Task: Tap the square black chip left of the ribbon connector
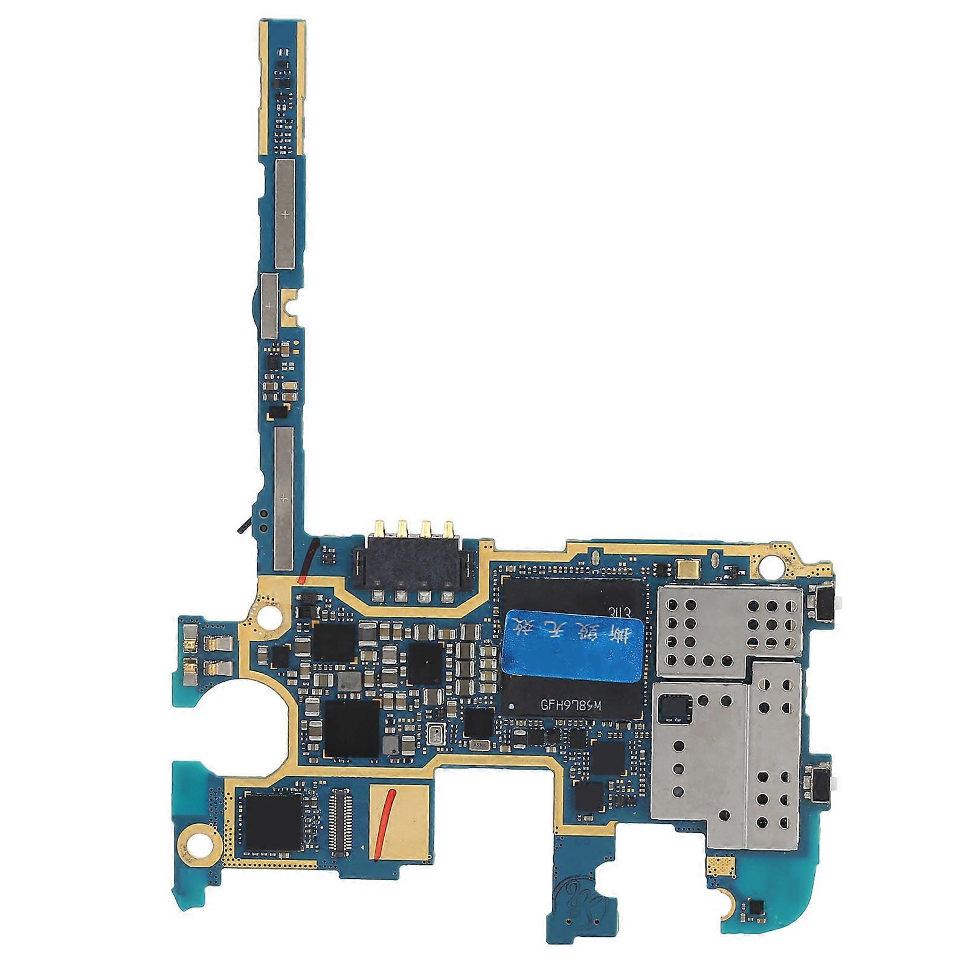[272, 819]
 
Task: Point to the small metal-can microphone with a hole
[435, 735]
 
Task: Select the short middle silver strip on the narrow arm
[269, 306]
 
